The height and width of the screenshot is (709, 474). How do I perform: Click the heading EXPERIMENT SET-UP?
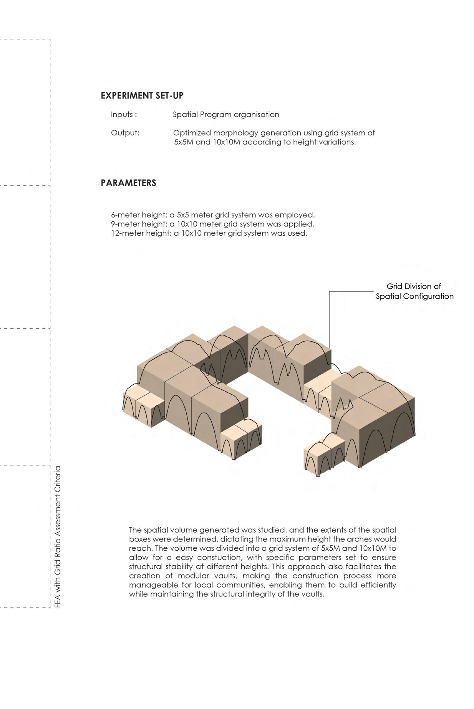(x=142, y=96)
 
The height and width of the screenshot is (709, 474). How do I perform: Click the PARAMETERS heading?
(x=128, y=183)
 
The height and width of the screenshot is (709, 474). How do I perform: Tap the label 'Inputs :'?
(x=124, y=115)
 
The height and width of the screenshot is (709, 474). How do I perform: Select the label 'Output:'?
(x=125, y=133)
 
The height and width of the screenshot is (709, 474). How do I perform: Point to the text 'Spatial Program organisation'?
(x=226, y=115)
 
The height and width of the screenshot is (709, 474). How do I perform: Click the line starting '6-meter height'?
(x=212, y=215)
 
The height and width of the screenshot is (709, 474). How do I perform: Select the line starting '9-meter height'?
(x=212, y=224)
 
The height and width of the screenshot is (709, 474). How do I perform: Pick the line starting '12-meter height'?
(x=209, y=233)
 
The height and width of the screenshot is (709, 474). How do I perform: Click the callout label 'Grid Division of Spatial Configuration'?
(x=414, y=291)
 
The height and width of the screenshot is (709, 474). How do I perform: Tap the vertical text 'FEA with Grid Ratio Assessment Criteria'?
(x=58, y=536)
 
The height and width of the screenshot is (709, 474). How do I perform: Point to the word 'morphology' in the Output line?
(x=236, y=133)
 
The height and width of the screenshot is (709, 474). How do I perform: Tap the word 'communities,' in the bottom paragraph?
(x=237, y=585)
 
